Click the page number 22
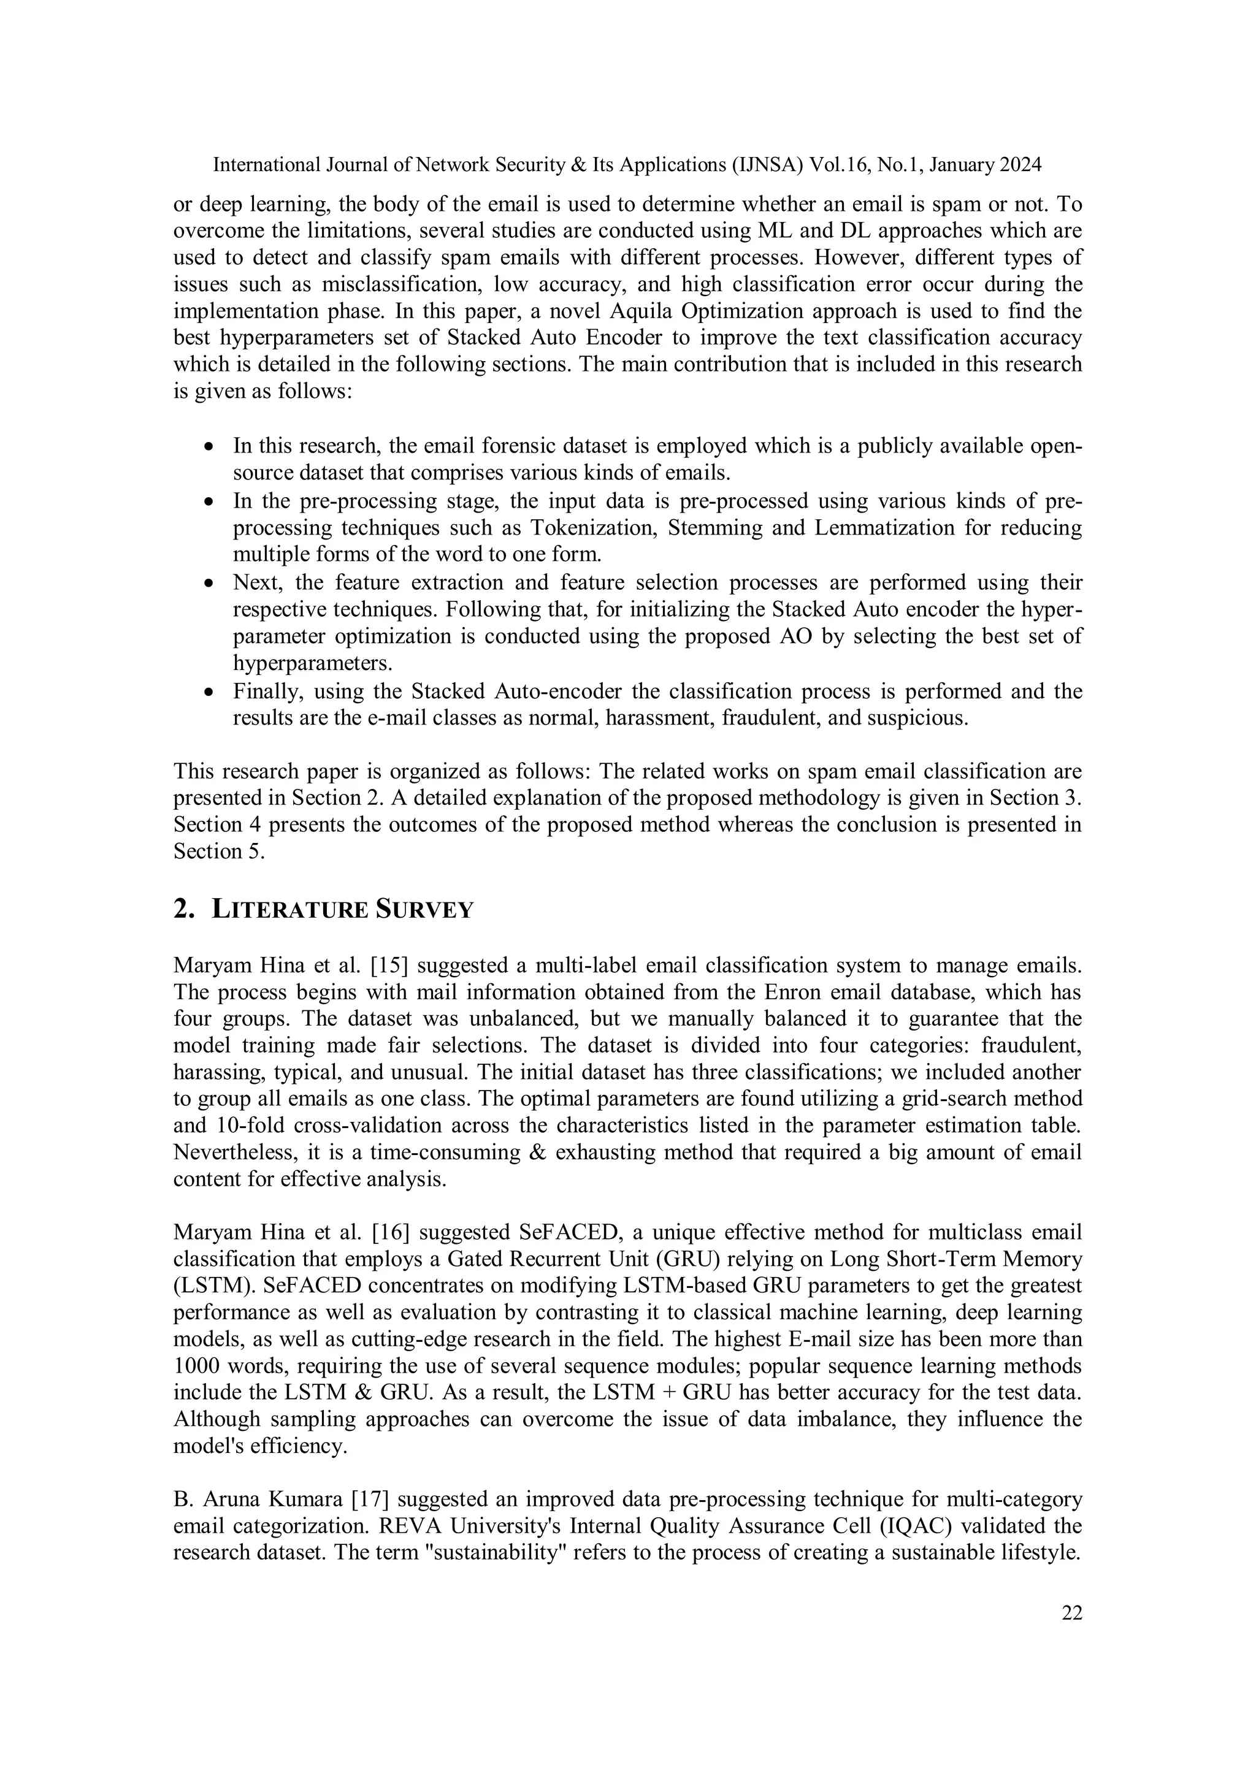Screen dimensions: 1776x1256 point(1071,1613)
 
